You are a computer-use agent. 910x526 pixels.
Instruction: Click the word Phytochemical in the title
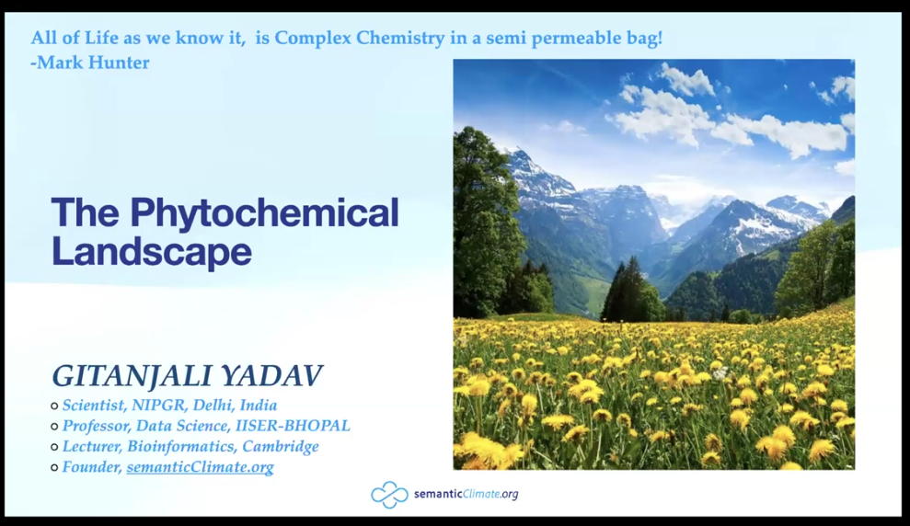tap(264, 213)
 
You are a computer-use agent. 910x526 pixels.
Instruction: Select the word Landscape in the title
tap(151, 251)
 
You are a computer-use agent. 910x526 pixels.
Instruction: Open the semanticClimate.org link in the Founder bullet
tap(200, 467)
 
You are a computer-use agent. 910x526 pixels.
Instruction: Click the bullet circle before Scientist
tap(54, 406)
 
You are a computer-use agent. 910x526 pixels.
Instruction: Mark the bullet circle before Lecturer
tap(54, 448)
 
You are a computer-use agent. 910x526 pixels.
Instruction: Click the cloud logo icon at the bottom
tap(389, 495)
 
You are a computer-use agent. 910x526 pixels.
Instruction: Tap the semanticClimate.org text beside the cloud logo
tap(466, 495)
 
